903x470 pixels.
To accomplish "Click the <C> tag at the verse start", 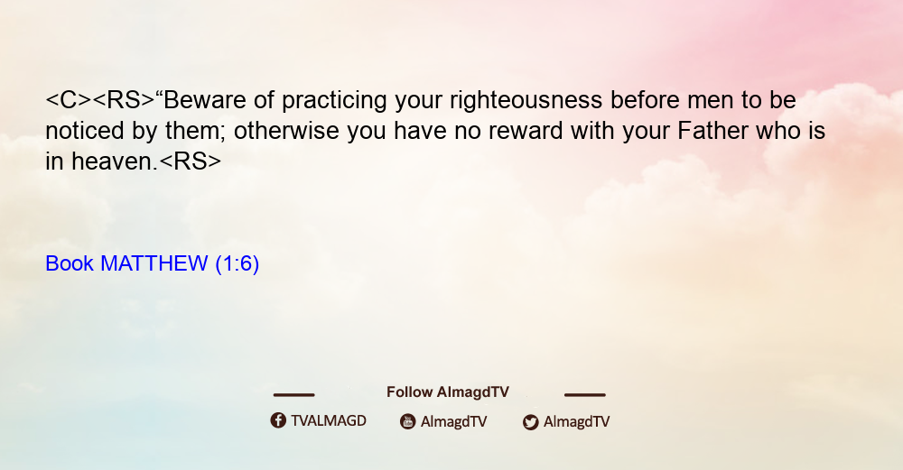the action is pos(69,100).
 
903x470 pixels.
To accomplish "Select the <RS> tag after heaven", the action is pos(190,161).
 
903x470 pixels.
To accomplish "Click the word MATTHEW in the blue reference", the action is pos(154,263).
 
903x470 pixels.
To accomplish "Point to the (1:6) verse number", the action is pos(237,264).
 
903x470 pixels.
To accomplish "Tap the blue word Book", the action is pos(70,263).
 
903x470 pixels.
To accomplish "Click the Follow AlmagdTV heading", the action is pos(448,392).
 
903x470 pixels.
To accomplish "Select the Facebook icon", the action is pos(278,420).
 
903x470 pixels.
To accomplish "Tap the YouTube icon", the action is pos(408,421).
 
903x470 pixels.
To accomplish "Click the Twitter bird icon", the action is pos(531,422).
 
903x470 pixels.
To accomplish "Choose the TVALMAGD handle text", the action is pos(329,421).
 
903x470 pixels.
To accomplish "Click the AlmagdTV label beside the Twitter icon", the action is pos(576,422).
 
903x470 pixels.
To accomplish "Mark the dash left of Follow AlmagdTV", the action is pos(293,394).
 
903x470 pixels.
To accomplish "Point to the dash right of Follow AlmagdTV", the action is pos(584,394).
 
